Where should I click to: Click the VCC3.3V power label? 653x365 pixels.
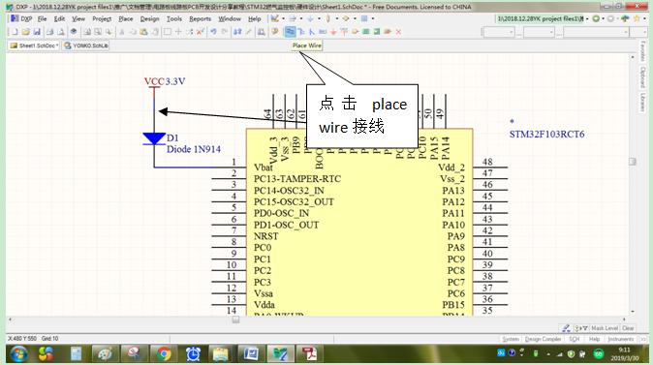coord(164,81)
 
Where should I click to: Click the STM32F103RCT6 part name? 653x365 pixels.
coord(548,134)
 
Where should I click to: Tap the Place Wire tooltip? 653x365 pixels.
coord(307,46)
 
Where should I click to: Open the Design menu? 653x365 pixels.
coord(149,18)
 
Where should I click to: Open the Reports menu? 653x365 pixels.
coord(200,18)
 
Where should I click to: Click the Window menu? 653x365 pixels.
coord(230,18)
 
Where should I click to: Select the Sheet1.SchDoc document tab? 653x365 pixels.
coord(33,46)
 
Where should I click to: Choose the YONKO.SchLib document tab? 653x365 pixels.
coord(88,46)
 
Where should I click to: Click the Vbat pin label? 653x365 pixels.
coord(264,167)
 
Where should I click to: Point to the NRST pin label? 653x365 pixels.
coord(266,236)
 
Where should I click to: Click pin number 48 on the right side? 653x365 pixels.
coord(488,163)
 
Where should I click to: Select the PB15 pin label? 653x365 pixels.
coord(452,305)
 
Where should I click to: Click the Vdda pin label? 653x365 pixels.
coord(264,305)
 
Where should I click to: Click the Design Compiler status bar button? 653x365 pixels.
coord(543,339)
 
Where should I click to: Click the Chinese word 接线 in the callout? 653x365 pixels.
coord(368,127)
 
